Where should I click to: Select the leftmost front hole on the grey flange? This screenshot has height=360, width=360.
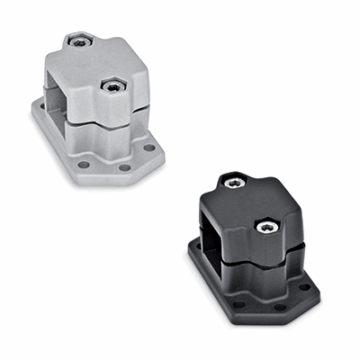85,165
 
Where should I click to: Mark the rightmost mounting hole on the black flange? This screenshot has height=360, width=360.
305,287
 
